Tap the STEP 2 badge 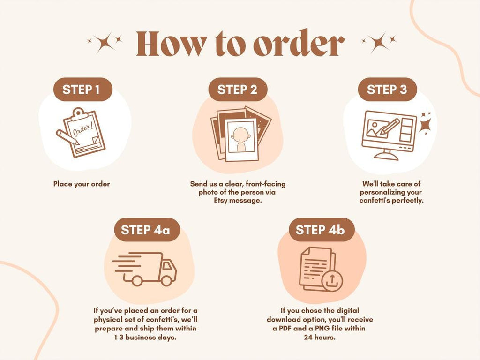tap(238, 90)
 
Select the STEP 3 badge tap(387, 90)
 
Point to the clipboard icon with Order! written tap(84, 132)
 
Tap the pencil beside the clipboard tap(67, 137)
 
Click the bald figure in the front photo tap(240, 139)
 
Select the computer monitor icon tap(389, 135)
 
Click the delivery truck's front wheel tap(167, 280)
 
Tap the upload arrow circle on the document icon tap(332, 281)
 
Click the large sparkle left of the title tap(104, 43)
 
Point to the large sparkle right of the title tap(378, 43)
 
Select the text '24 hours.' tap(320, 337)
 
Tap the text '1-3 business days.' tap(145, 337)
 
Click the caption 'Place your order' tap(82, 184)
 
